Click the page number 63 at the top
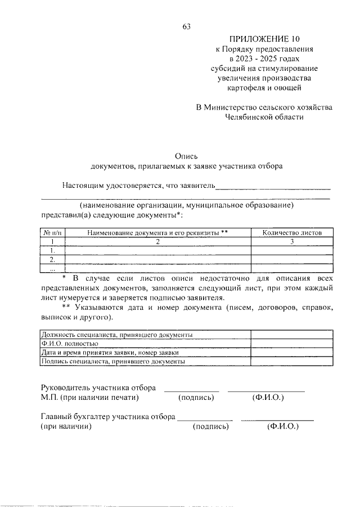coord(187,26)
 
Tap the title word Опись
coord(186,156)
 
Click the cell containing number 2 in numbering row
coord(158,241)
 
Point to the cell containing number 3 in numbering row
coord(292,241)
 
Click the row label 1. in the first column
coord(52,250)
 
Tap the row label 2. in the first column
coord(52,259)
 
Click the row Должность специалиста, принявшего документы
coord(118,335)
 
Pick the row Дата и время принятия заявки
coord(110,353)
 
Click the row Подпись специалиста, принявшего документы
coord(113,362)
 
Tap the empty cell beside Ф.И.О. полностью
coord(291,344)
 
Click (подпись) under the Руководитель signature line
coord(196,398)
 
